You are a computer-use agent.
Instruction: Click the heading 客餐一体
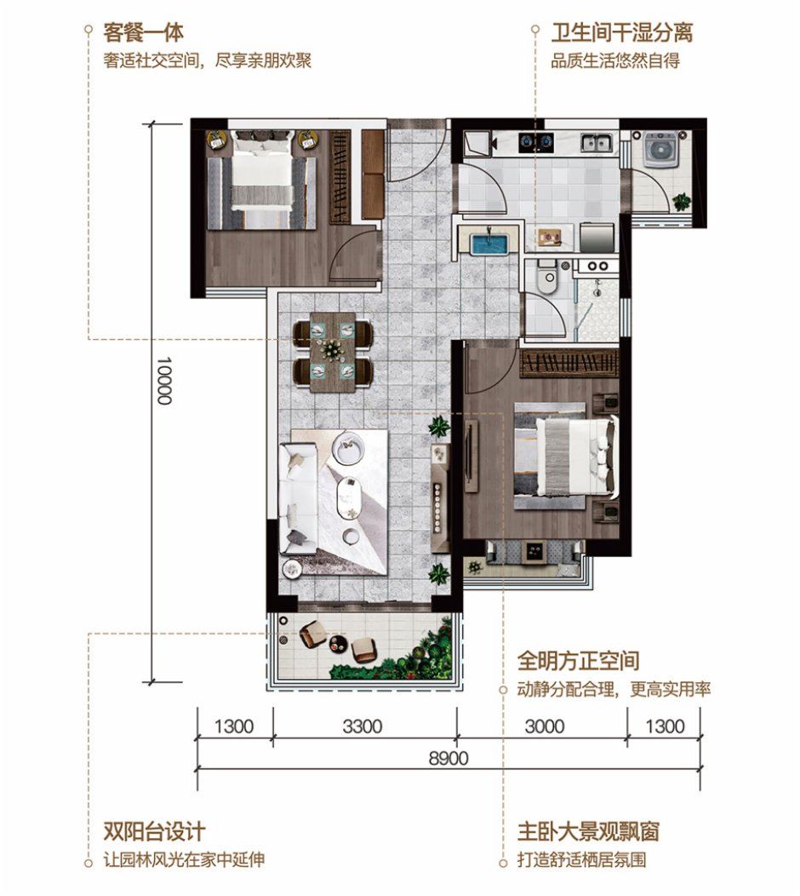[143, 33]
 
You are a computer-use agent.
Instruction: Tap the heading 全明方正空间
[578, 660]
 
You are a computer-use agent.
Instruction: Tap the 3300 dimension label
[363, 727]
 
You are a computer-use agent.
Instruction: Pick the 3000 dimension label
[544, 727]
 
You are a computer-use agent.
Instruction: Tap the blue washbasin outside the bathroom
[489, 243]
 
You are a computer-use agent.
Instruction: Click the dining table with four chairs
[333, 350]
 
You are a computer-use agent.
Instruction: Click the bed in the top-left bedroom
[261, 174]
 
